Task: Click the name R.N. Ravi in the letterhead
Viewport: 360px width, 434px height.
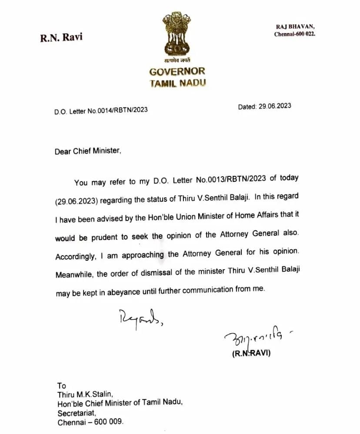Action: [61, 37]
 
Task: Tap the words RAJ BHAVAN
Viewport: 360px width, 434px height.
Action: [294, 27]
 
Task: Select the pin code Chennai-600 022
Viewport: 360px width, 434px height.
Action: [294, 34]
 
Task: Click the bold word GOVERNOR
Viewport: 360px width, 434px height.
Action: [177, 72]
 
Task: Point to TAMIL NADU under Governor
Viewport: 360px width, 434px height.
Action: [177, 83]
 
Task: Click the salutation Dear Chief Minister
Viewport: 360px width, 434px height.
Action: [87, 151]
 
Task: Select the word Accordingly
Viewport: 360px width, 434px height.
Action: [75, 257]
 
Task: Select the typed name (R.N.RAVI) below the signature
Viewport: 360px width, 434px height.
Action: [251, 353]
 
